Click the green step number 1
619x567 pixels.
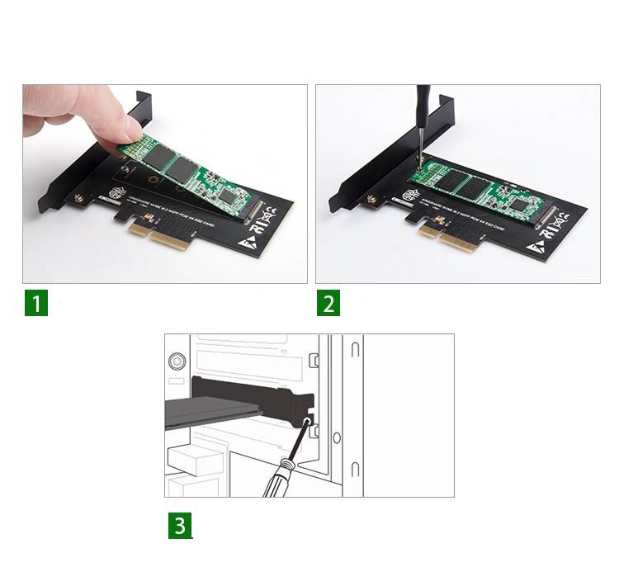(35, 303)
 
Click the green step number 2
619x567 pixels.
(328, 303)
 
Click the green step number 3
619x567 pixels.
(181, 526)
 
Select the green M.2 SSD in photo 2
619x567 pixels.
(479, 189)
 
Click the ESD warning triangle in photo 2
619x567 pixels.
(538, 245)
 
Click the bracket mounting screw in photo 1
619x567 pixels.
(79, 199)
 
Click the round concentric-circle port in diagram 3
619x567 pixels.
(176, 361)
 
